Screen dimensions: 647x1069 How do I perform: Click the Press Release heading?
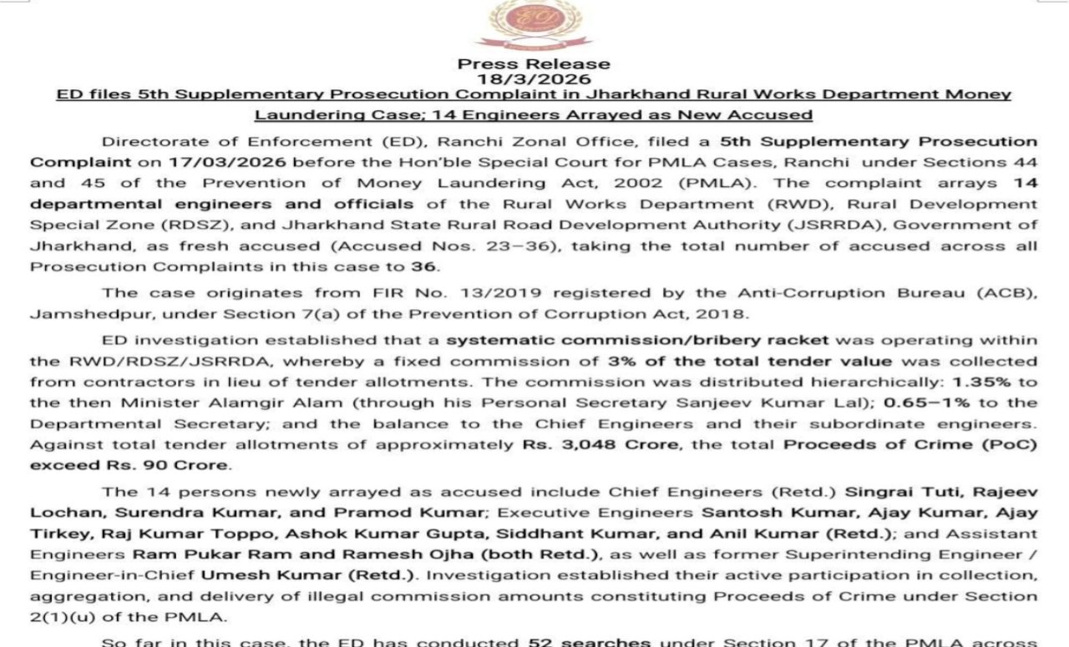coord(534,64)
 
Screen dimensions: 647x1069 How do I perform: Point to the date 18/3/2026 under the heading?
coord(534,79)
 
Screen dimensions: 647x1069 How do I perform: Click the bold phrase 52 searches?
coord(589,642)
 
